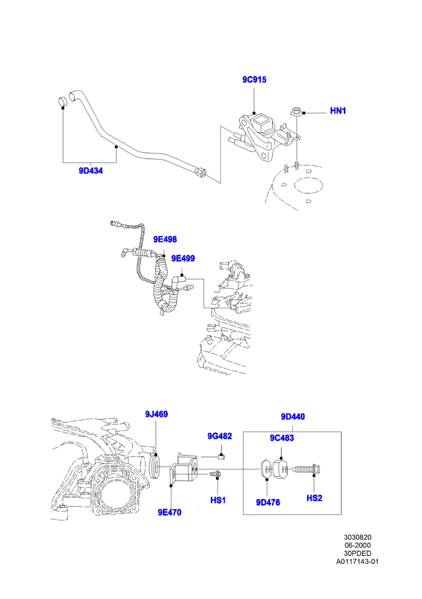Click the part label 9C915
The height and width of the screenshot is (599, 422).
click(255, 80)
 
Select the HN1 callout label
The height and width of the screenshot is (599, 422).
click(338, 111)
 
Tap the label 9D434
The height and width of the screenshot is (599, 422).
click(91, 170)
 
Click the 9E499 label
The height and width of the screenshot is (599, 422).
click(184, 258)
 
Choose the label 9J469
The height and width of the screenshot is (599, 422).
click(156, 414)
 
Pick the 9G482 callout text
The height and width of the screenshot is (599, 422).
click(220, 436)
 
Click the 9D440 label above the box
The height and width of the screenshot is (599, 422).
click(292, 417)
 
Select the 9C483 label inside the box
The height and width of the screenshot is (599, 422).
click(282, 438)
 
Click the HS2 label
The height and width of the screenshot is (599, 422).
click(314, 498)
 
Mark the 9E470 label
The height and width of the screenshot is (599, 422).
click(169, 512)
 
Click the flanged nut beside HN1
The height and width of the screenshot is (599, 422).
click(296, 112)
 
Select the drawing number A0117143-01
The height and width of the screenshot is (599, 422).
click(358, 561)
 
